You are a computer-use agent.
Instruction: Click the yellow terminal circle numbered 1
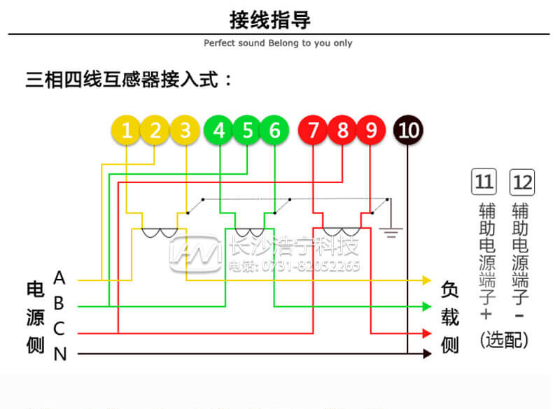click(x=127, y=130)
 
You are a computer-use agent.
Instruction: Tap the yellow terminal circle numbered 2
click(x=155, y=130)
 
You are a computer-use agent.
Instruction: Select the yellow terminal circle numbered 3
click(x=185, y=130)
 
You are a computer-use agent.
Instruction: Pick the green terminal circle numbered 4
click(x=219, y=130)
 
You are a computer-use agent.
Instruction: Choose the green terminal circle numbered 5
click(x=247, y=130)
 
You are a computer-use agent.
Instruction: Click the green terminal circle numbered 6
click(x=274, y=130)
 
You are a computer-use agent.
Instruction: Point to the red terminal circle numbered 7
click(x=313, y=130)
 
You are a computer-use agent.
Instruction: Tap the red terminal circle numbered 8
click(x=342, y=130)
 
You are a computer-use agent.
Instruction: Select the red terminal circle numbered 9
click(x=370, y=130)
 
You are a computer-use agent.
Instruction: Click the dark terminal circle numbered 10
click(x=409, y=130)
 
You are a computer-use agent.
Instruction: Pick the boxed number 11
click(x=484, y=182)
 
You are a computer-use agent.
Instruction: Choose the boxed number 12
click(x=522, y=182)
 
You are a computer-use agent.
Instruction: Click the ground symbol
click(x=390, y=231)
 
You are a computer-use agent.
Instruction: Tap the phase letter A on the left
click(x=59, y=279)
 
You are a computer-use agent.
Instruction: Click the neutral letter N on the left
click(x=60, y=354)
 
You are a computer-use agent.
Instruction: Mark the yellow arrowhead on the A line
click(x=426, y=280)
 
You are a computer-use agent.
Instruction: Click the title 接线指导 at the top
click(x=279, y=20)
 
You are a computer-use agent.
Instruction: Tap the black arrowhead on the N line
click(x=426, y=354)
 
